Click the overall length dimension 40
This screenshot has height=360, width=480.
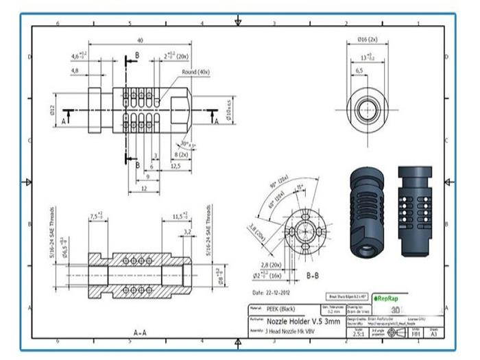(140, 40)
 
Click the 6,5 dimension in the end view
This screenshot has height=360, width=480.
(359, 71)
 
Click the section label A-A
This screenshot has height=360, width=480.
(139, 333)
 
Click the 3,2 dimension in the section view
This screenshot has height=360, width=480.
(187, 232)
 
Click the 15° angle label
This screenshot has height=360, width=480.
(300, 187)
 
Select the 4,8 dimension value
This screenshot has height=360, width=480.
(75, 70)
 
